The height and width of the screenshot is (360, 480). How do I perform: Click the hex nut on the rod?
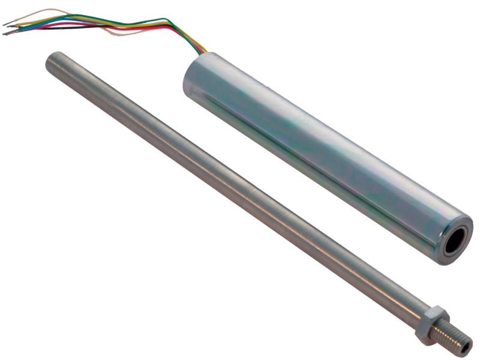433,322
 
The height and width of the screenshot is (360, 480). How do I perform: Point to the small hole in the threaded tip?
466,347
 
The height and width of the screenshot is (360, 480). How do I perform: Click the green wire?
108,17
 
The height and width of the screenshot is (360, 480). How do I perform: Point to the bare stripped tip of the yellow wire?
11,26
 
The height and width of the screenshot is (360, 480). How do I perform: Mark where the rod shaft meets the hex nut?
422,314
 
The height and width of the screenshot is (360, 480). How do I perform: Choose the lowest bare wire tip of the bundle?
7,34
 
